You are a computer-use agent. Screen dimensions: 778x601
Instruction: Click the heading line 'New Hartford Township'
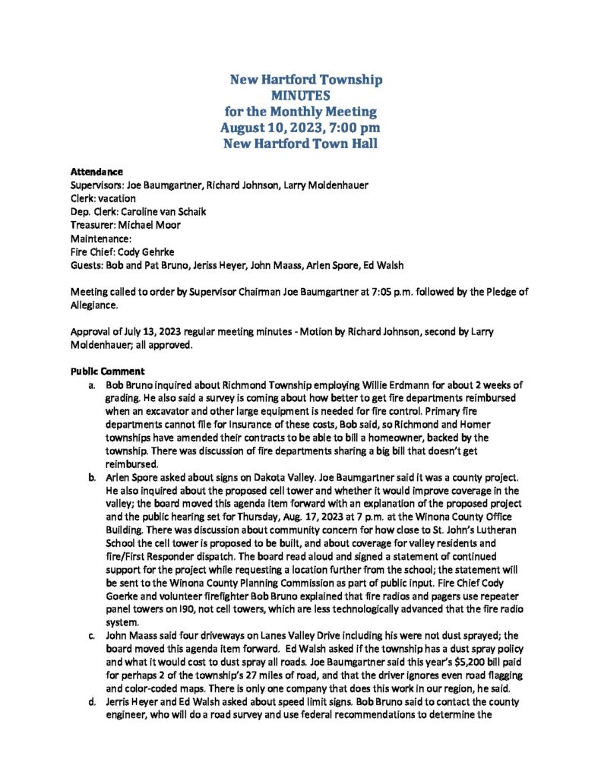tap(306, 80)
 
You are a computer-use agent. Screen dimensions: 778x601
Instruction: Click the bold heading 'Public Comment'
tap(107, 372)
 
